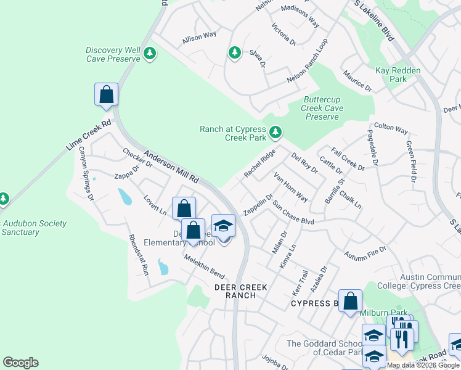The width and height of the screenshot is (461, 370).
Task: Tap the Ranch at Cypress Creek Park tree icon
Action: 276,131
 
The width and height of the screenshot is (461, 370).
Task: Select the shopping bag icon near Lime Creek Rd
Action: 106,95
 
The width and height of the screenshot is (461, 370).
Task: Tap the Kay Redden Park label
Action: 398,75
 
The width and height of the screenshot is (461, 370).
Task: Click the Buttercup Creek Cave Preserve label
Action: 322,108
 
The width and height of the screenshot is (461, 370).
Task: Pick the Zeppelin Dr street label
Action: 258,205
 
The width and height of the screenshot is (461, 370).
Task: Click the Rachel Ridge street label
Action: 259,164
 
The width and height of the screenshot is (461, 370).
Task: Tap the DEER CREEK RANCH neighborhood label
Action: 235,291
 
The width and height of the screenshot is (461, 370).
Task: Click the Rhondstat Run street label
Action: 138,254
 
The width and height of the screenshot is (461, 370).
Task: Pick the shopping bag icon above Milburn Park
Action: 350,302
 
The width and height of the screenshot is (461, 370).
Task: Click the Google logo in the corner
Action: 20,363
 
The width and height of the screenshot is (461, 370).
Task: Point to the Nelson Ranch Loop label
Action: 308,63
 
